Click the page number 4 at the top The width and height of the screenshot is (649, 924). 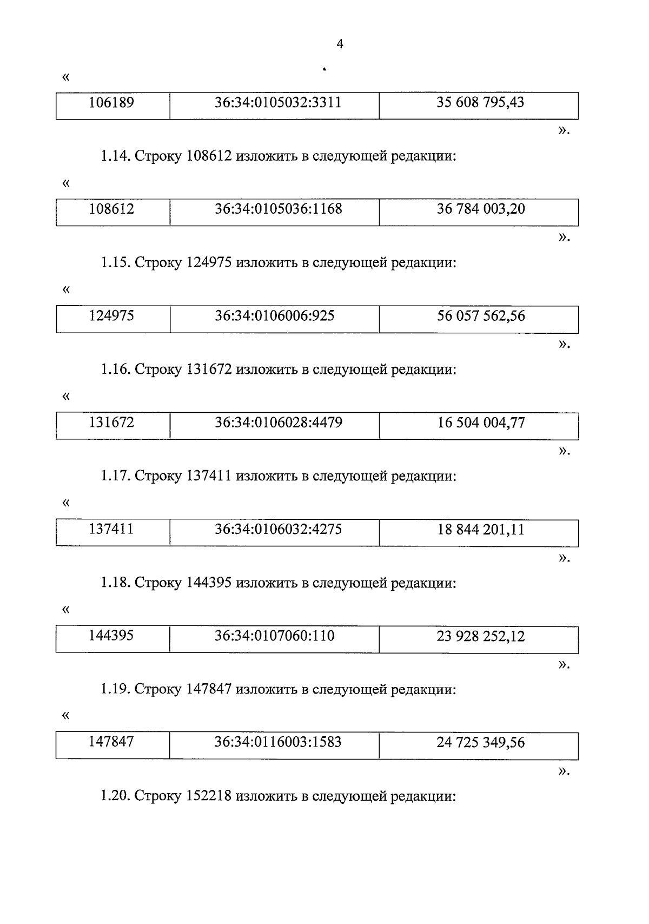click(x=340, y=44)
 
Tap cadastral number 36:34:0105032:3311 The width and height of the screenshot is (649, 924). click(x=278, y=102)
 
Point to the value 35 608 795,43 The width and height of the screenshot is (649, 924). click(x=480, y=102)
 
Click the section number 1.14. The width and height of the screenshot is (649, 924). click(x=115, y=157)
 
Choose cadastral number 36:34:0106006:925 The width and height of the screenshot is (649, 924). click(x=275, y=315)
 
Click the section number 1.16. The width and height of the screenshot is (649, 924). click(x=115, y=370)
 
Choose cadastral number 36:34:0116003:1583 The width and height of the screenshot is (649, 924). click(x=278, y=742)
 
